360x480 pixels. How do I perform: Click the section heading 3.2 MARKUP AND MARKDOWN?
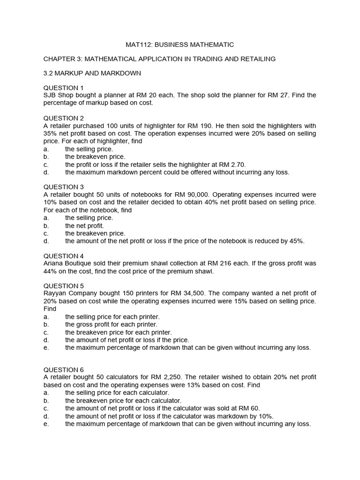(x=92, y=74)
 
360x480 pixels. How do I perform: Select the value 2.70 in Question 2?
(x=237, y=164)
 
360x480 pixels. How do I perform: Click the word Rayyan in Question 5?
(x=55, y=293)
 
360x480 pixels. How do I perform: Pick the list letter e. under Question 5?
(x=46, y=347)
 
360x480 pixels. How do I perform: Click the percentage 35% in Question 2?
(x=50, y=133)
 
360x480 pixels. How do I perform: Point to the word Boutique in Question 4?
(x=84, y=263)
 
